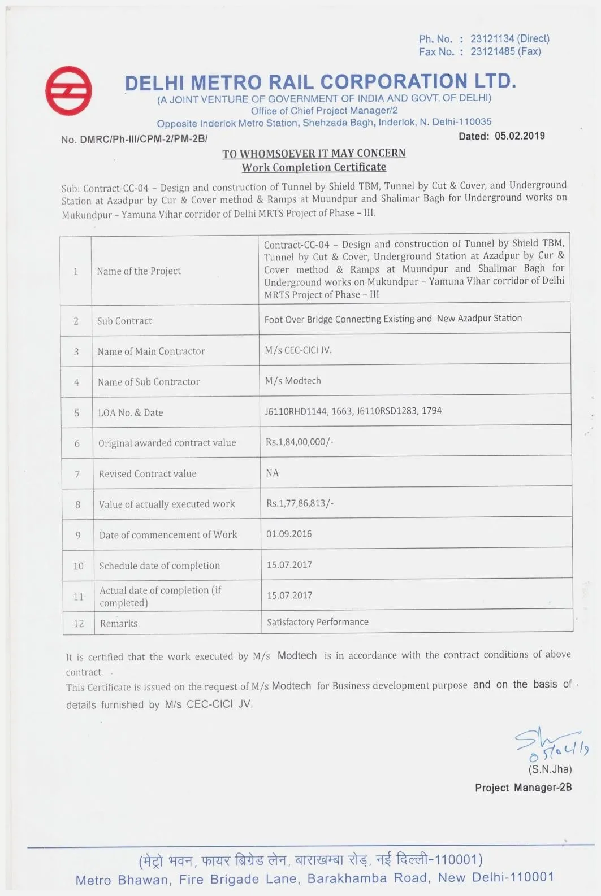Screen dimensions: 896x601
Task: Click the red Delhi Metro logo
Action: point(68,90)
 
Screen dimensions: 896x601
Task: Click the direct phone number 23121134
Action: point(491,38)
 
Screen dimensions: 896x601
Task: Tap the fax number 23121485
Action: point(491,51)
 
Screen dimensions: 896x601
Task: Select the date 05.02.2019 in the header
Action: point(520,136)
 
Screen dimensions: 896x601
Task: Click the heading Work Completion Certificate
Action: point(314,167)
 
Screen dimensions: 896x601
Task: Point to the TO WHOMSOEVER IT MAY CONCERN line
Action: point(314,154)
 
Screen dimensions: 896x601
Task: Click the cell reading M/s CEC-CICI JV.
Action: point(298,350)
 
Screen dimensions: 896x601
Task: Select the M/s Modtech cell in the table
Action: point(293,381)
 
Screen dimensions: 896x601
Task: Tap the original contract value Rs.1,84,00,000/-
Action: point(300,442)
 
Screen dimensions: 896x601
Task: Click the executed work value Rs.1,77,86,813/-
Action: point(300,503)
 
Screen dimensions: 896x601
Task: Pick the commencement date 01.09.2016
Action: point(289,534)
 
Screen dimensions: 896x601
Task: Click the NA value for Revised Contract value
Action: point(272,473)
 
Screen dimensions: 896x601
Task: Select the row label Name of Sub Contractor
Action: point(149,382)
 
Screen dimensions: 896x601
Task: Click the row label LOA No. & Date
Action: point(131,412)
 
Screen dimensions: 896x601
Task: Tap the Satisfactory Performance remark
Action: point(318,622)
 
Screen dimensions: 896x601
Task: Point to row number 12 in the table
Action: point(79,624)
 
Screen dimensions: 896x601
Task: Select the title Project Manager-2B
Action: point(523,788)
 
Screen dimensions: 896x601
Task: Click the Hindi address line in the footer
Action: point(311,860)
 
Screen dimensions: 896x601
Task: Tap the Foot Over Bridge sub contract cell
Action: point(393,319)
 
